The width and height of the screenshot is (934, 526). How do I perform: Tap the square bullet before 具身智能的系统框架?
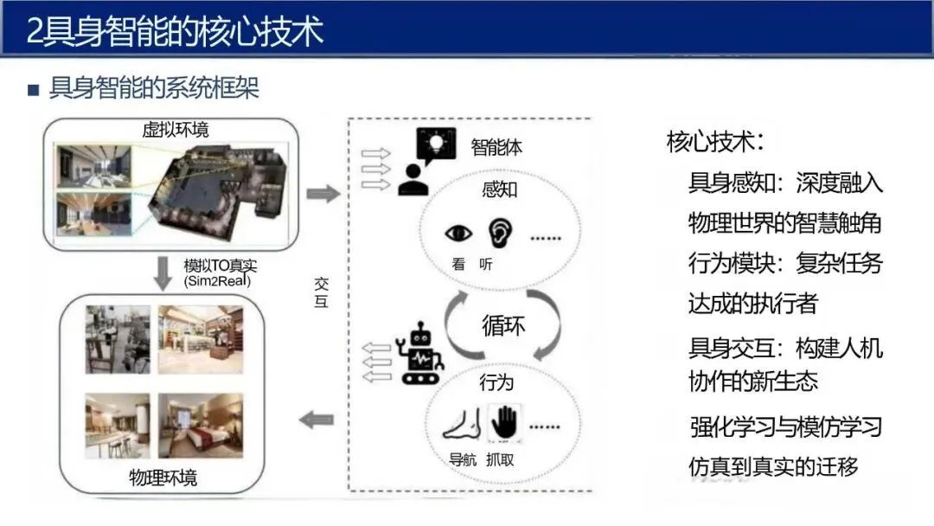[34, 89]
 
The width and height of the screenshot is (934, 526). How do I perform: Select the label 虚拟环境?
[176, 130]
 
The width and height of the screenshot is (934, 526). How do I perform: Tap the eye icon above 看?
[458, 234]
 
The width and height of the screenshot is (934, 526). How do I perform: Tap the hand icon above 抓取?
[503, 422]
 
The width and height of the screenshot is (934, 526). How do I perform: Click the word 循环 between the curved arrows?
[503, 327]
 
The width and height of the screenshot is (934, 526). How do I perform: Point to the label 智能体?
[496, 147]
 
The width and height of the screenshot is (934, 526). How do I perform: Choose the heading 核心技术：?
[714, 142]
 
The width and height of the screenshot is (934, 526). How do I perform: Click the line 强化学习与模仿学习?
[785, 427]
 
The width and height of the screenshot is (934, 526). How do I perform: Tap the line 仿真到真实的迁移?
[773, 466]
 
